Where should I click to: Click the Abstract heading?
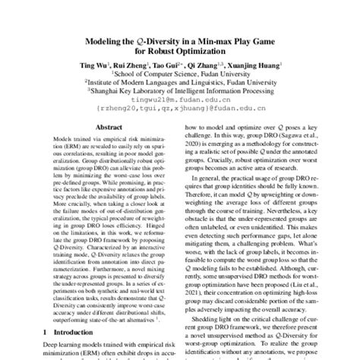click(106, 131)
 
